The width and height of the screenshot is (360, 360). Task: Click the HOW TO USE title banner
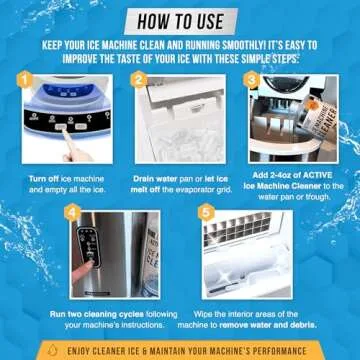click(x=180, y=17)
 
